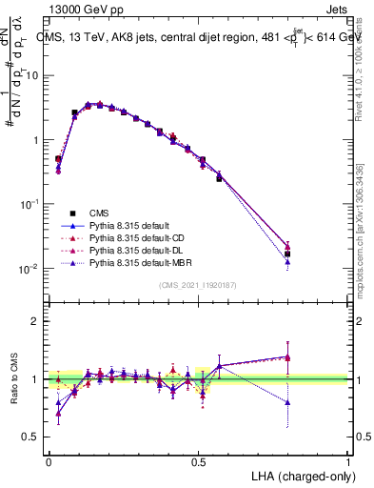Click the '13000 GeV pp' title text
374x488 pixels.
86,8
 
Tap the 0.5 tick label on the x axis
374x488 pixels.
199,460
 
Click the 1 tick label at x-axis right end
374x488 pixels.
348,460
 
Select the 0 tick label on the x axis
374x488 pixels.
49,460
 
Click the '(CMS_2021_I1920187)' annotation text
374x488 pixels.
199,285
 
